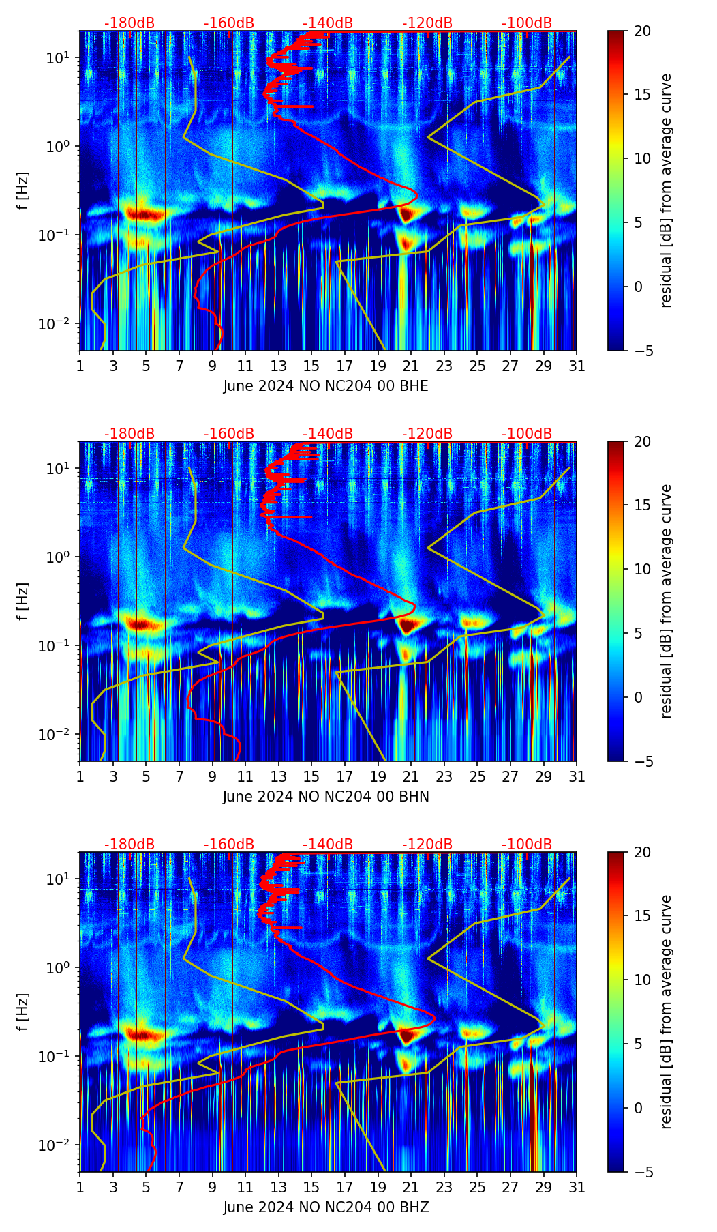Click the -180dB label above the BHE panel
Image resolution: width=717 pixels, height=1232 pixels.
pos(129,23)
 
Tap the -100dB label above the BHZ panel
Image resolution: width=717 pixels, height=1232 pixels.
pos(527,845)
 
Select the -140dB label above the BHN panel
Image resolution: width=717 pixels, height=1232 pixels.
pos(328,434)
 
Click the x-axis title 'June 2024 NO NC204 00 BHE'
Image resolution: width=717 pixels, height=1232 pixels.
pos(326,386)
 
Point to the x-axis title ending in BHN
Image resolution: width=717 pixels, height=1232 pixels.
pos(326,797)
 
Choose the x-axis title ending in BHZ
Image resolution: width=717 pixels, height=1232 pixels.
pos(326,1207)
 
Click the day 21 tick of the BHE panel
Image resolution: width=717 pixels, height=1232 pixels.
pos(411,366)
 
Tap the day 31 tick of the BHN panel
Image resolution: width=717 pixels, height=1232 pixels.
pos(577,777)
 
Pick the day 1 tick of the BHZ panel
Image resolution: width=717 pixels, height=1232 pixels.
pos(80,1188)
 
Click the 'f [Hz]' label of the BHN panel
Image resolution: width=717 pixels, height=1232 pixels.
pos(23,601)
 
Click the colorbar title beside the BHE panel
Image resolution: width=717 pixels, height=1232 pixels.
pos(667,190)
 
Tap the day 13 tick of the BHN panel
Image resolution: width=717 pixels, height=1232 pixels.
pos(279,777)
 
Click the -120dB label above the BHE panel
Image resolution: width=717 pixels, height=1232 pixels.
pos(427,23)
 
